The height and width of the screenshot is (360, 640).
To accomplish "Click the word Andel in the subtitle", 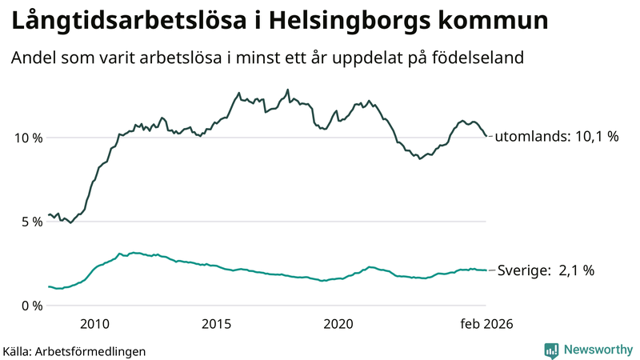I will [34, 58].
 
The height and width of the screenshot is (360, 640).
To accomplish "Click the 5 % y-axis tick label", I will [30, 221].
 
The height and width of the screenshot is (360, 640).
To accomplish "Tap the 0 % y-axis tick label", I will [30, 305].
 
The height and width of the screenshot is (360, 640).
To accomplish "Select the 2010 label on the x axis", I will [94, 324].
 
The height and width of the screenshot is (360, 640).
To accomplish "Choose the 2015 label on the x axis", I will [217, 324].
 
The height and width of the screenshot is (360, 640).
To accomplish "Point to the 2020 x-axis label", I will [338, 324].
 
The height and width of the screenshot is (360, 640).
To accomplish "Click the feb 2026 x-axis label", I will [486, 324].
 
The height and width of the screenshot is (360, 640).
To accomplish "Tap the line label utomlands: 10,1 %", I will [557, 137].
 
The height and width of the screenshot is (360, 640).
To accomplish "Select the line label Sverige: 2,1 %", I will [546, 270].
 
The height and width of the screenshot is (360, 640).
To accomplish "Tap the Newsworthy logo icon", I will [551, 350].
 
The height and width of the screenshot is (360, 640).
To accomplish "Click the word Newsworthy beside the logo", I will [597, 350].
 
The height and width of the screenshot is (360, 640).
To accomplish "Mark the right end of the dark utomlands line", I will [486, 136].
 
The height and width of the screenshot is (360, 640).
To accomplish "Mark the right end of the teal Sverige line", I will [486, 270].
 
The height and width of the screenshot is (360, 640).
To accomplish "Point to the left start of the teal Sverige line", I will [49, 286].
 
